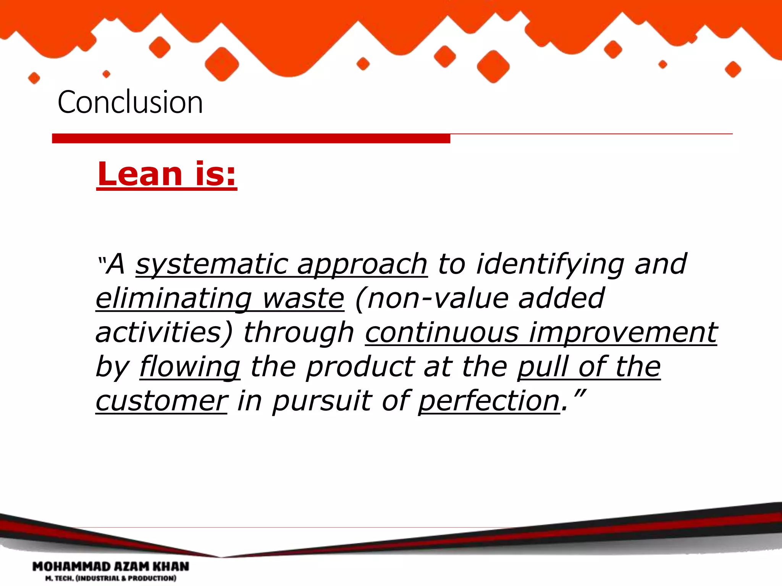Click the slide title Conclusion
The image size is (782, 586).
[x=130, y=102]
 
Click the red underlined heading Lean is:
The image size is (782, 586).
[x=167, y=174]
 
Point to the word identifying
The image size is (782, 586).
[x=550, y=264]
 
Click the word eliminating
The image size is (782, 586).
[x=174, y=299]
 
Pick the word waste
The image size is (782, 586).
[x=303, y=299]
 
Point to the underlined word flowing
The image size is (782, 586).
[x=190, y=367]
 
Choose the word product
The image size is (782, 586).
[x=360, y=367]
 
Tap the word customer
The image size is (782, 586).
[x=162, y=401]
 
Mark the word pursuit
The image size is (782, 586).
[x=322, y=401]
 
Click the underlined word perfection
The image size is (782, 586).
[x=489, y=401]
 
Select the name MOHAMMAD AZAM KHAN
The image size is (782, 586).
[x=111, y=566]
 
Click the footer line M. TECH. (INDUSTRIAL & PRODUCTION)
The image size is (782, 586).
[x=111, y=578]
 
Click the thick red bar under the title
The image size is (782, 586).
[x=251, y=138]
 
